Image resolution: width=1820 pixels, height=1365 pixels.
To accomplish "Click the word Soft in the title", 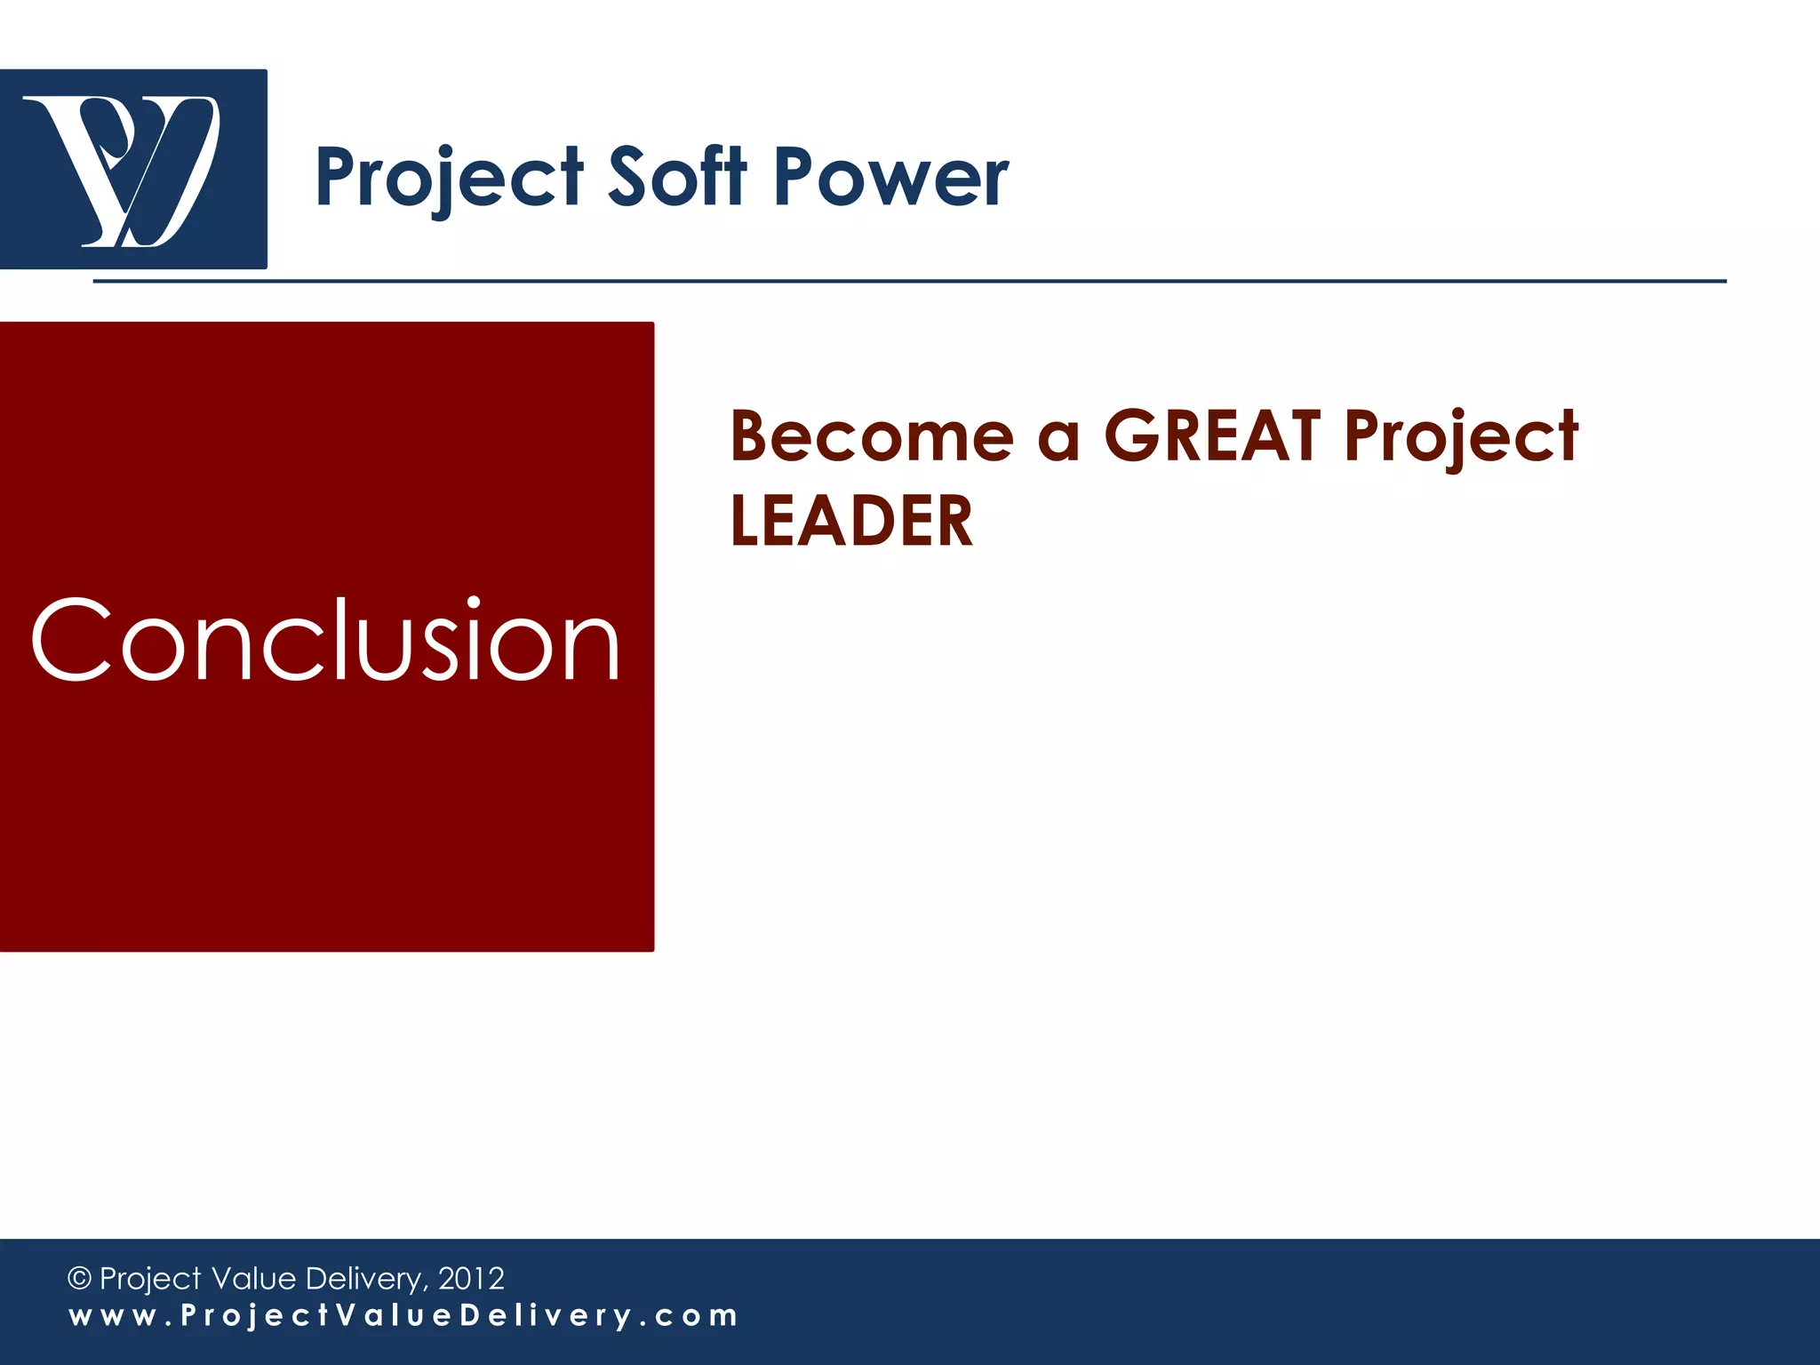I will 677,177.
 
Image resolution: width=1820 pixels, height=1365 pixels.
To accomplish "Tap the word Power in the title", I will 891,177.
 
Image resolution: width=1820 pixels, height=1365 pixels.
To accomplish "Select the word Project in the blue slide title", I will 450,179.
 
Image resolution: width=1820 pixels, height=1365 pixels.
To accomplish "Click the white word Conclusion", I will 325,640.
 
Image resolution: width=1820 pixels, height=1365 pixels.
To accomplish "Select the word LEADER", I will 851,522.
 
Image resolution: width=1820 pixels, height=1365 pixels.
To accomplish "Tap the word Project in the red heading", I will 1461,437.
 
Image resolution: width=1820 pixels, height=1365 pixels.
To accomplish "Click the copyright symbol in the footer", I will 79,1279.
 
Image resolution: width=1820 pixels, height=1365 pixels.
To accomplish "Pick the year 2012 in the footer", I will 471,1279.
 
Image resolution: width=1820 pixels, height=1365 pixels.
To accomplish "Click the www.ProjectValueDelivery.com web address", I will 403,1316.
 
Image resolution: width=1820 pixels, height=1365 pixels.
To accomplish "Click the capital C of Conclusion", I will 71,640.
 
